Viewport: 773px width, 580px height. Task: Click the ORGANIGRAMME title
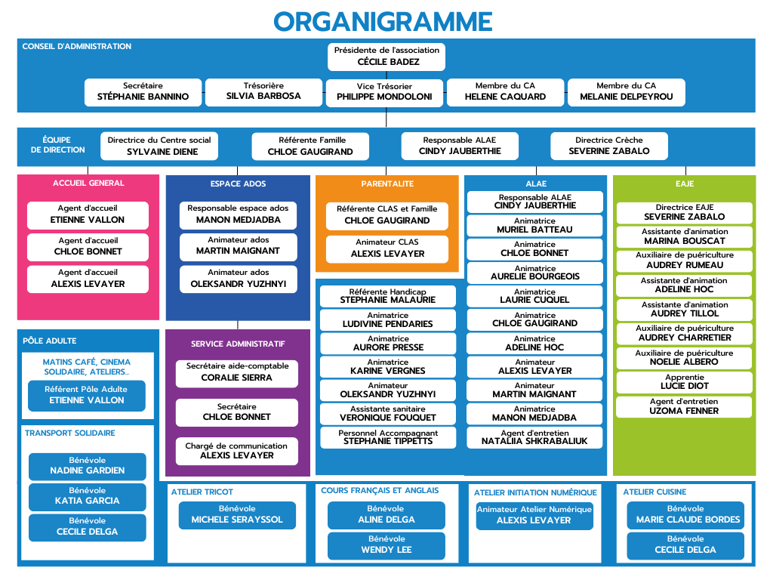(x=383, y=21)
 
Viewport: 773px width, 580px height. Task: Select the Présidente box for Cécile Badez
(x=386, y=57)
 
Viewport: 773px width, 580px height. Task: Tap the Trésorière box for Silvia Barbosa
(x=263, y=91)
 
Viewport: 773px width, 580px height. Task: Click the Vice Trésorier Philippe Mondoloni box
(x=384, y=92)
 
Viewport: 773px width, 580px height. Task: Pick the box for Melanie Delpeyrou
(x=626, y=91)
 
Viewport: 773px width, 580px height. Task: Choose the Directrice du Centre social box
(x=159, y=146)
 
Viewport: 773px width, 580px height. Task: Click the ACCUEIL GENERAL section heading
(x=88, y=183)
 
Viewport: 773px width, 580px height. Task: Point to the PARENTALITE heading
(x=386, y=184)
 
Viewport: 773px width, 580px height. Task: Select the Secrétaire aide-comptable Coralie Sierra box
(x=236, y=372)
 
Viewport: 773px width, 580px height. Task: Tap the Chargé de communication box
(x=236, y=451)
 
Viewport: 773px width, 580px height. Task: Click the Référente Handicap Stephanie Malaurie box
(x=387, y=296)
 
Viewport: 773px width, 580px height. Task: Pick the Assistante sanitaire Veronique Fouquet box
(x=387, y=413)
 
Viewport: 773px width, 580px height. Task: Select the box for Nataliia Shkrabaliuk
(x=534, y=437)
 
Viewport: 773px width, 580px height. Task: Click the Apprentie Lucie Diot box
(x=685, y=382)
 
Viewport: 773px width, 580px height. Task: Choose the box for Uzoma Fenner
(x=685, y=406)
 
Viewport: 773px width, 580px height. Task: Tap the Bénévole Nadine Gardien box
(x=87, y=466)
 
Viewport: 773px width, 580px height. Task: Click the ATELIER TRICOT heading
(x=202, y=492)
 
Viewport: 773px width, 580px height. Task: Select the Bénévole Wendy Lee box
(x=386, y=545)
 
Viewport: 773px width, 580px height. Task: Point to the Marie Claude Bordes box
(x=685, y=515)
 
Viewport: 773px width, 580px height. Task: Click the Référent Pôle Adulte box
(x=87, y=395)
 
